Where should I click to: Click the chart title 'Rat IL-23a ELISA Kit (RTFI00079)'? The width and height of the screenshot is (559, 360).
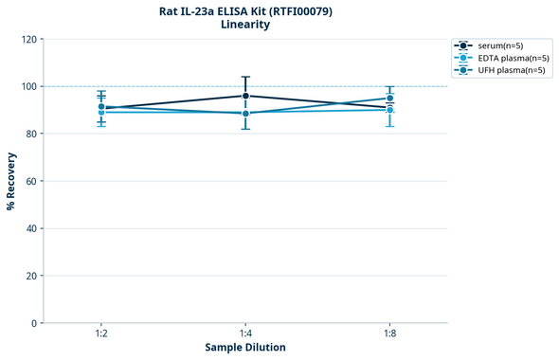(x=245, y=11)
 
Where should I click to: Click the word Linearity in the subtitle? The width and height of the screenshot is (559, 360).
(x=245, y=25)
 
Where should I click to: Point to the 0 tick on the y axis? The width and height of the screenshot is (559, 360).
(x=33, y=323)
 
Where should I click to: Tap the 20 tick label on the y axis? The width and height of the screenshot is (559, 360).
(x=30, y=276)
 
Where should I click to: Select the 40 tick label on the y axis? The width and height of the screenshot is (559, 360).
(x=30, y=228)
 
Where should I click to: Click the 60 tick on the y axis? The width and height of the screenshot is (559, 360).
(x=30, y=181)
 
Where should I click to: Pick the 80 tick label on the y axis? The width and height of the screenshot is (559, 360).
(x=30, y=134)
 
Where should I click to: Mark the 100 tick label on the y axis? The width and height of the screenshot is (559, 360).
(x=27, y=86)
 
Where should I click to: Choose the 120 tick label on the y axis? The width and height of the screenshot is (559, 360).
(x=27, y=39)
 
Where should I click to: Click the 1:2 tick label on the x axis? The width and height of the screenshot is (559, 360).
(x=101, y=333)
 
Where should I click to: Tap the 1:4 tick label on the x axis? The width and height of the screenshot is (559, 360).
(x=245, y=333)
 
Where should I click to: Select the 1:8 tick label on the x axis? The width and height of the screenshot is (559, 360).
(x=389, y=333)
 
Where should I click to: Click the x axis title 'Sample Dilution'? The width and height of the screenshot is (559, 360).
(x=245, y=348)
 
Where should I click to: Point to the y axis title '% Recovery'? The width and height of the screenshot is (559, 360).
(x=11, y=181)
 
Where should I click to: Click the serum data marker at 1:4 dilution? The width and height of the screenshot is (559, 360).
(x=245, y=96)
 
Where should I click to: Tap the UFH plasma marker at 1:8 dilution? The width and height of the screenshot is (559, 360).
(x=389, y=99)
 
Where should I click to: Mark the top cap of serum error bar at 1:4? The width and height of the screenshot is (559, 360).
(x=245, y=77)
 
